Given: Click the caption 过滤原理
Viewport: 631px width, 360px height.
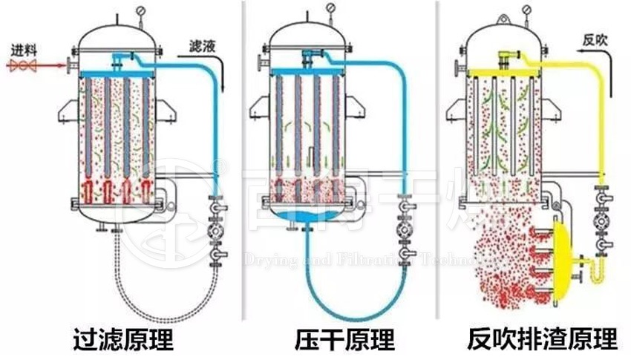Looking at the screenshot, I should [x=124, y=339].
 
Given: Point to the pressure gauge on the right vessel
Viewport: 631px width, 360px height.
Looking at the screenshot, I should [x=525, y=10].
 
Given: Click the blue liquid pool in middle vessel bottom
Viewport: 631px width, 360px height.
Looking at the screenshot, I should [x=305, y=216].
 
